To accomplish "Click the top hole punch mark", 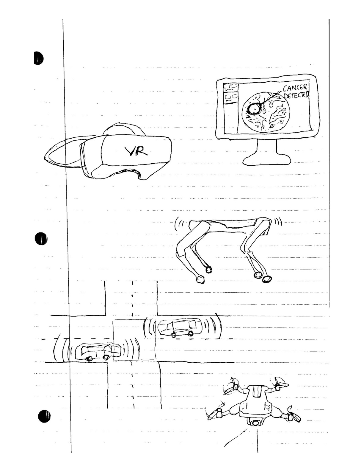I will pyautogui.click(x=38, y=58).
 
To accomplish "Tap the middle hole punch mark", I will pyautogui.click(x=41, y=239).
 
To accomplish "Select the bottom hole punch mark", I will pyautogui.click(x=44, y=417).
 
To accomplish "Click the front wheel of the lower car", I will pyautogui.click(x=106, y=357).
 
